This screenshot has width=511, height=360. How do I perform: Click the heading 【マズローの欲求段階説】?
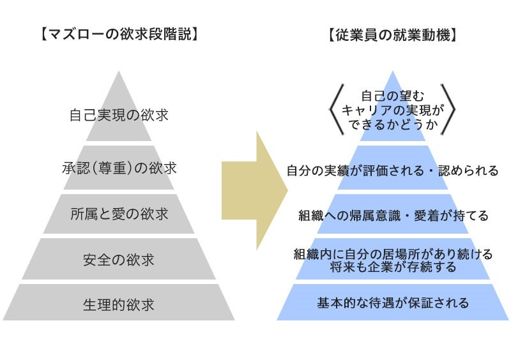tap(119, 34)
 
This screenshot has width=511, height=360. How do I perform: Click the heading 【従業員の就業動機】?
tap(393, 34)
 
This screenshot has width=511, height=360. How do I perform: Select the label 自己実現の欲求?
tap(119, 116)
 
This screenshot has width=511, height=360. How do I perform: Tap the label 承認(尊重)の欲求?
tap(119, 169)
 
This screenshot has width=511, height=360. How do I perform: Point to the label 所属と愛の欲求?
tap(119, 214)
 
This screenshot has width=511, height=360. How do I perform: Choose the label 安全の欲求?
tap(119, 260)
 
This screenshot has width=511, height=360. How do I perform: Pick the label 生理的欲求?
tap(119, 303)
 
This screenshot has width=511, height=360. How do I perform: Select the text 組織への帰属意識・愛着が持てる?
tap(393, 216)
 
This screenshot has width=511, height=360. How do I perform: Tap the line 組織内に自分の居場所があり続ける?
tap(393, 254)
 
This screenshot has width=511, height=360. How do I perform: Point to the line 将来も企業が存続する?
tap(393, 267)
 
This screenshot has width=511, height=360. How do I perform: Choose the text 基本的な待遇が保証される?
tap(393, 303)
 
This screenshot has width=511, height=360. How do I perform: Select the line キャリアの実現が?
tap(392, 110)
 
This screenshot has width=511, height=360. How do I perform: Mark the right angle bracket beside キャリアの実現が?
tap(449, 110)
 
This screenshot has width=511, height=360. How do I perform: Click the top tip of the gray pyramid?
tap(119, 72)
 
